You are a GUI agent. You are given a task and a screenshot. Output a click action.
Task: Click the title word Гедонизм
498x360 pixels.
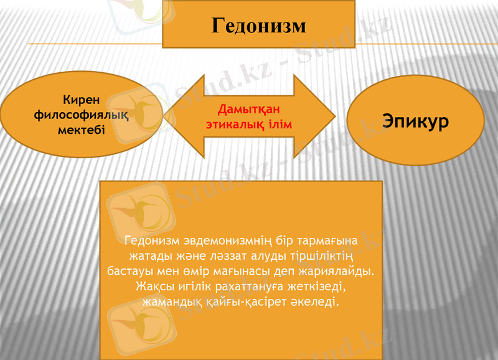click(258, 26)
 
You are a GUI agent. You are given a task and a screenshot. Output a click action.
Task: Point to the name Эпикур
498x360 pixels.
click(415, 121)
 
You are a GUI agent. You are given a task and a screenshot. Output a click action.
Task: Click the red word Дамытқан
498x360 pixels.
click(249, 110)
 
